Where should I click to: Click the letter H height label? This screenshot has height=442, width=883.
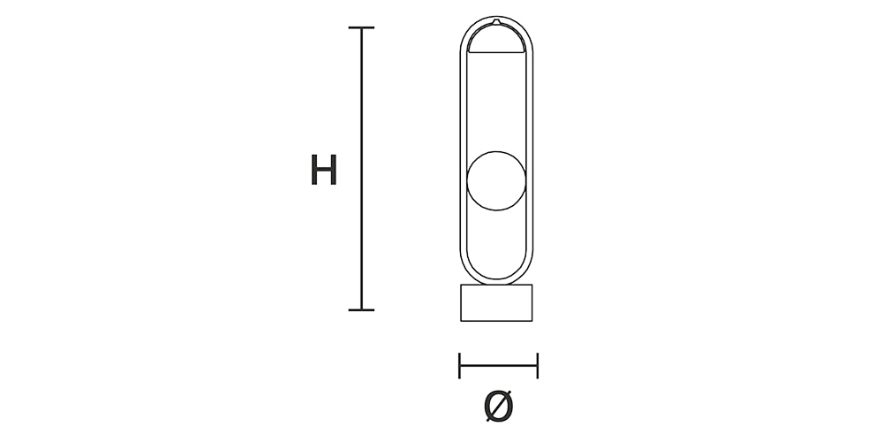pyautogui.click(x=324, y=170)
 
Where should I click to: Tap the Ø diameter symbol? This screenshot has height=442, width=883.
pyautogui.click(x=498, y=406)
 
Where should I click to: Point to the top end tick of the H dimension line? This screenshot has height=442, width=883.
pyautogui.click(x=361, y=28)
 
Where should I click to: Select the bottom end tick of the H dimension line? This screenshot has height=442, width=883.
pyautogui.click(x=361, y=309)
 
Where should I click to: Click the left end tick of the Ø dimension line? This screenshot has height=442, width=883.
pyautogui.click(x=460, y=364)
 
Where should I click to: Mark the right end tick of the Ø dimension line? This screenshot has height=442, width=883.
pyautogui.click(x=537, y=364)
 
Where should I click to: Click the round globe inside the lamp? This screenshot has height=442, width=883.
pyautogui.click(x=497, y=181)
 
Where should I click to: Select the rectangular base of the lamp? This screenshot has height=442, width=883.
pyautogui.click(x=498, y=303)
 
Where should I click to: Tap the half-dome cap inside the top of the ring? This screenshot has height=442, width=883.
pyautogui.click(x=496, y=40)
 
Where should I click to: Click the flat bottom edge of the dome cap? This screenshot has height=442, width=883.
pyautogui.click(x=496, y=54)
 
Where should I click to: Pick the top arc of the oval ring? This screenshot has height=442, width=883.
pyautogui.click(x=496, y=18)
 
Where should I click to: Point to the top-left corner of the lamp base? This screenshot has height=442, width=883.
pyautogui.click(x=461, y=285)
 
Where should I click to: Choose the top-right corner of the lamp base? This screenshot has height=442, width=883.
pyautogui.click(x=535, y=285)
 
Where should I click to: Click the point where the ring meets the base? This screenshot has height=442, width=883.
pyautogui.click(x=497, y=284)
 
